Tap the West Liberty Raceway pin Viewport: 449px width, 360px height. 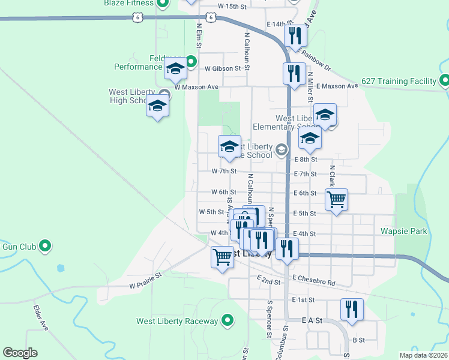click(x=228, y=321)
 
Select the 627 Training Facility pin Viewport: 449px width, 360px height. click(x=444, y=80)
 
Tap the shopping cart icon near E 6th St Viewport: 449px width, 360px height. click(x=337, y=199)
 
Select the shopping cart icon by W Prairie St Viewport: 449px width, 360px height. click(x=222, y=257)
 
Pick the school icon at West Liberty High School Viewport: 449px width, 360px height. click(x=157, y=106)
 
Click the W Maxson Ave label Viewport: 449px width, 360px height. click(x=196, y=87)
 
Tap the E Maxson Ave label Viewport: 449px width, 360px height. click(x=337, y=86)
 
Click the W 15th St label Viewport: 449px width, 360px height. click(x=232, y=6)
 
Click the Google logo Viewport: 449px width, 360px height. click(x=20, y=353)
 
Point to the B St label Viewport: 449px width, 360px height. click(x=359, y=340)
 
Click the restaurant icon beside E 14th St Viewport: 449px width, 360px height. click(x=295, y=36)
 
